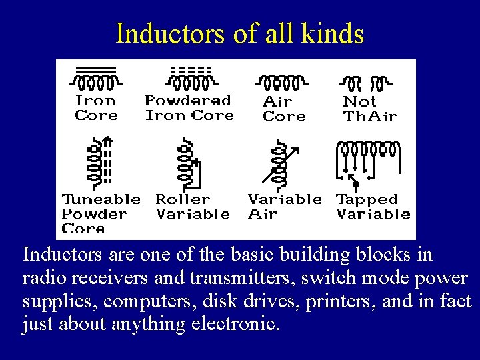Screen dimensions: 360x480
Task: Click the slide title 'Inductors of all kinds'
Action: pos(240,33)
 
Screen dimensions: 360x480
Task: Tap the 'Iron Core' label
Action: pos(95,108)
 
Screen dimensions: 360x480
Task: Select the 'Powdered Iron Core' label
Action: pos(189,108)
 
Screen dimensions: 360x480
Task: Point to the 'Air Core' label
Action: pos(283,109)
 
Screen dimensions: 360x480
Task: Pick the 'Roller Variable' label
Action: pos(192,207)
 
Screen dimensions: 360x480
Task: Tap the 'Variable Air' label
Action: pos(284,207)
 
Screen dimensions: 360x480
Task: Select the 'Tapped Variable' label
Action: pos(373,207)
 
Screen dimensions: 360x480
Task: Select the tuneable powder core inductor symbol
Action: pos(97,161)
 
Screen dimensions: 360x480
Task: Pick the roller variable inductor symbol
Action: pos(186,163)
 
